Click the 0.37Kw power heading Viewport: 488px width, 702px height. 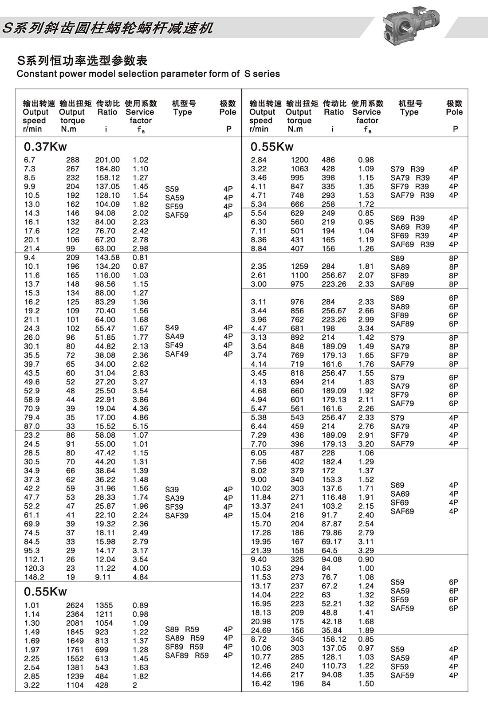(x=45, y=146)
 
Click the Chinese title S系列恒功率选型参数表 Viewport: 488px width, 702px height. (x=82, y=60)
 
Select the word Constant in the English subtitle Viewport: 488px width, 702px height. (x=35, y=74)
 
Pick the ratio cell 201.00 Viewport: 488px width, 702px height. (x=107, y=160)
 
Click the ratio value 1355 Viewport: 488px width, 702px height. (x=104, y=605)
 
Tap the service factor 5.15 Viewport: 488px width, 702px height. (x=140, y=426)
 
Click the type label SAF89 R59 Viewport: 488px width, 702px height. (x=187, y=655)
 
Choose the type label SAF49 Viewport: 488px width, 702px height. (x=177, y=354)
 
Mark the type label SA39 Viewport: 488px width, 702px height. (x=174, y=498)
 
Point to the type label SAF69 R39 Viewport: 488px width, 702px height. (x=412, y=244)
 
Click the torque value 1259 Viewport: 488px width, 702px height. (x=299, y=266)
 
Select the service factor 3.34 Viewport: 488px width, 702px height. (x=366, y=328)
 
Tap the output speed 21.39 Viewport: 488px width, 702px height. (x=261, y=550)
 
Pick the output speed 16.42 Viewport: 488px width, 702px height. (x=261, y=683)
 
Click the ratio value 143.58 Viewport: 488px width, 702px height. (x=107, y=257)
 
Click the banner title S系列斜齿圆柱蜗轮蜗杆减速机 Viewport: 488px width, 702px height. (x=108, y=28)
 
